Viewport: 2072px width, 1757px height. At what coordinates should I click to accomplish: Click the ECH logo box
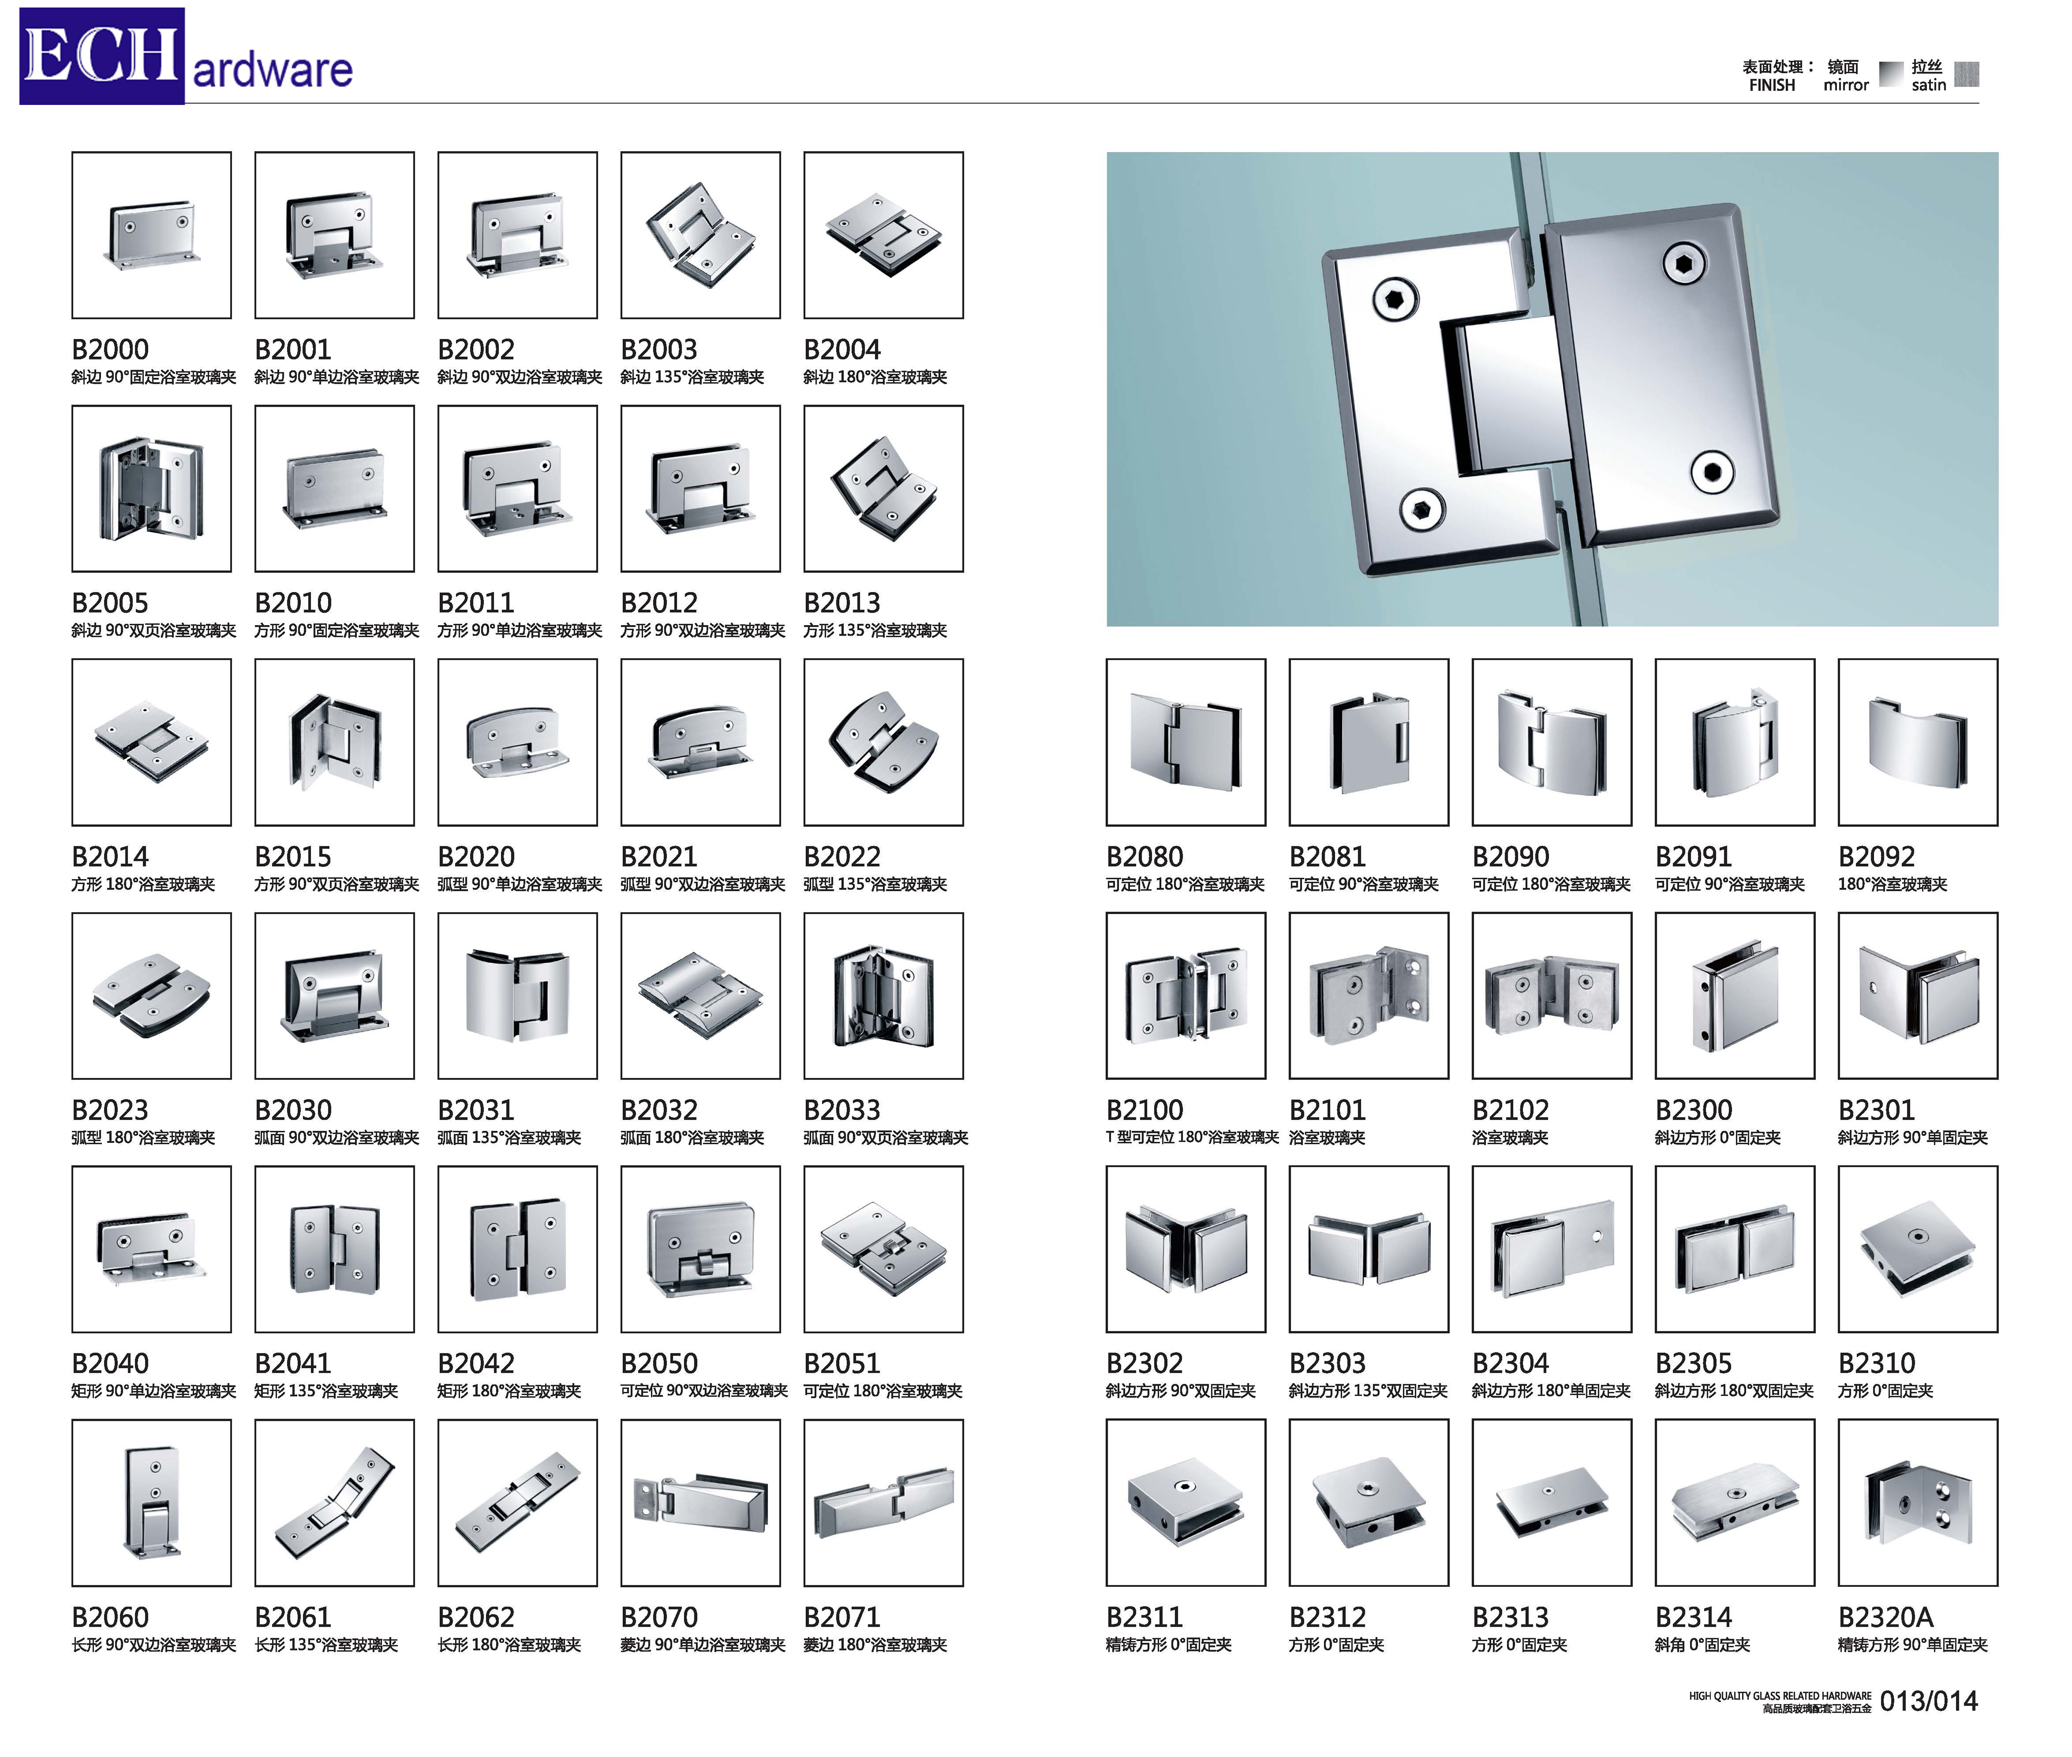101,56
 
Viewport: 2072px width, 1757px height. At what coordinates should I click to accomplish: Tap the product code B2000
109,350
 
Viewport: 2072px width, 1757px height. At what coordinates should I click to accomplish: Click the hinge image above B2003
700,235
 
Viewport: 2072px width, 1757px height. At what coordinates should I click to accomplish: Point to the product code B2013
842,602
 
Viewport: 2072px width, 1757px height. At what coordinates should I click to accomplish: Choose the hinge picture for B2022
884,742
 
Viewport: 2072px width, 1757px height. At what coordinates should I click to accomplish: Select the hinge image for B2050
700,1249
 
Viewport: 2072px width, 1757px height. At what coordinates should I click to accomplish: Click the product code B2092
1876,856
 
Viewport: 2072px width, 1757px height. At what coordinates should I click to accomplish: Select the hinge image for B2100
1185,995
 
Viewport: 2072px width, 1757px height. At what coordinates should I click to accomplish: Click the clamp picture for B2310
1918,1249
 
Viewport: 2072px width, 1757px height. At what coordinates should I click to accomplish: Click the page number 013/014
1929,1701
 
